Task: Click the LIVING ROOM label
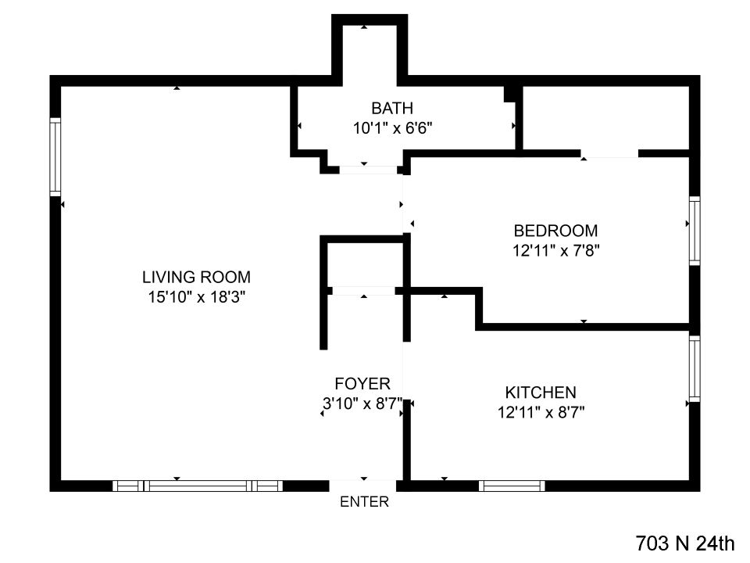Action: point(196,276)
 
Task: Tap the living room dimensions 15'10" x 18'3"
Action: point(196,297)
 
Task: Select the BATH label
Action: point(391,108)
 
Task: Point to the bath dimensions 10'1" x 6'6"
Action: point(391,128)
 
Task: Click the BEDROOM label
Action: point(555,231)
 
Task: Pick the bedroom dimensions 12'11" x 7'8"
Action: point(555,251)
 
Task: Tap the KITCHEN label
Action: point(541,393)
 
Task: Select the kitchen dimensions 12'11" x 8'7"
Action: point(541,413)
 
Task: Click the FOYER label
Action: point(362,383)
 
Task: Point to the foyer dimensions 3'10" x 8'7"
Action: point(362,403)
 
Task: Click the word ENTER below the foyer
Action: point(364,503)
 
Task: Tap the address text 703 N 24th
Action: point(685,543)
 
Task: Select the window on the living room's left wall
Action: point(55,156)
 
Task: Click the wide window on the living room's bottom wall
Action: point(198,486)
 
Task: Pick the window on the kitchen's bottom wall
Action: point(512,486)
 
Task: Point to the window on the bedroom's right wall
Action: point(694,231)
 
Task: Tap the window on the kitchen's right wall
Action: point(694,369)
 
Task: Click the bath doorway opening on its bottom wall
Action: point(367,169)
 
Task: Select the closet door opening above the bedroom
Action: point(609,154)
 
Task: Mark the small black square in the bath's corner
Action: point(511,94)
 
